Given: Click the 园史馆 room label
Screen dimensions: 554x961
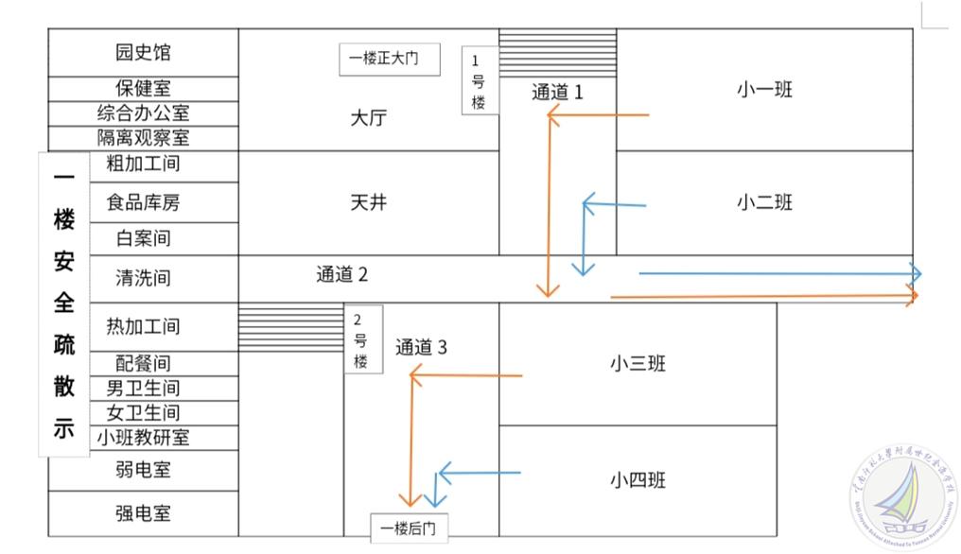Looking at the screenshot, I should [143, 53].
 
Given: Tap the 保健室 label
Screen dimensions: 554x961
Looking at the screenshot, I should [143, 89].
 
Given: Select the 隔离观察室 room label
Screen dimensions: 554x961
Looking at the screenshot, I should [143, 137].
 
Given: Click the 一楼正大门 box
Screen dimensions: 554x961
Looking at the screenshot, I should [390, 59].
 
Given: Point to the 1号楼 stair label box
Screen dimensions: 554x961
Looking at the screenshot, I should [479, 81].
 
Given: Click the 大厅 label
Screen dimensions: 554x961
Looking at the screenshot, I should [369, 118].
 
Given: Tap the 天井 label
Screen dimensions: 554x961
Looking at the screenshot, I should [369, 202].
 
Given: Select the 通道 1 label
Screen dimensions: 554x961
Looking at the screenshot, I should [557, 92].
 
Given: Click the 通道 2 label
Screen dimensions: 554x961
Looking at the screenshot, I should [341, 275].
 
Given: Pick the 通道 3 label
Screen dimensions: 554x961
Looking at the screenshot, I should [421, 347].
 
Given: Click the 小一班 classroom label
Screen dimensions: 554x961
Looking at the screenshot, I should [764, 90].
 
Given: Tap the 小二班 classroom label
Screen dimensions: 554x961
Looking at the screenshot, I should [764, 202].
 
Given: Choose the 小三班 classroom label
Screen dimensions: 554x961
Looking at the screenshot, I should [638, 363].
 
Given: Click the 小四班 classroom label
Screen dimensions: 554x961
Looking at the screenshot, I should [638, 480].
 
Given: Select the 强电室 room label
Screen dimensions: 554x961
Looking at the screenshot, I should [143, 513].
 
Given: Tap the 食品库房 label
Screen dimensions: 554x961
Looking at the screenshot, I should [143, 202].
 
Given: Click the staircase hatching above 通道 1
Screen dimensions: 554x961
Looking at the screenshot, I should [557, 53].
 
